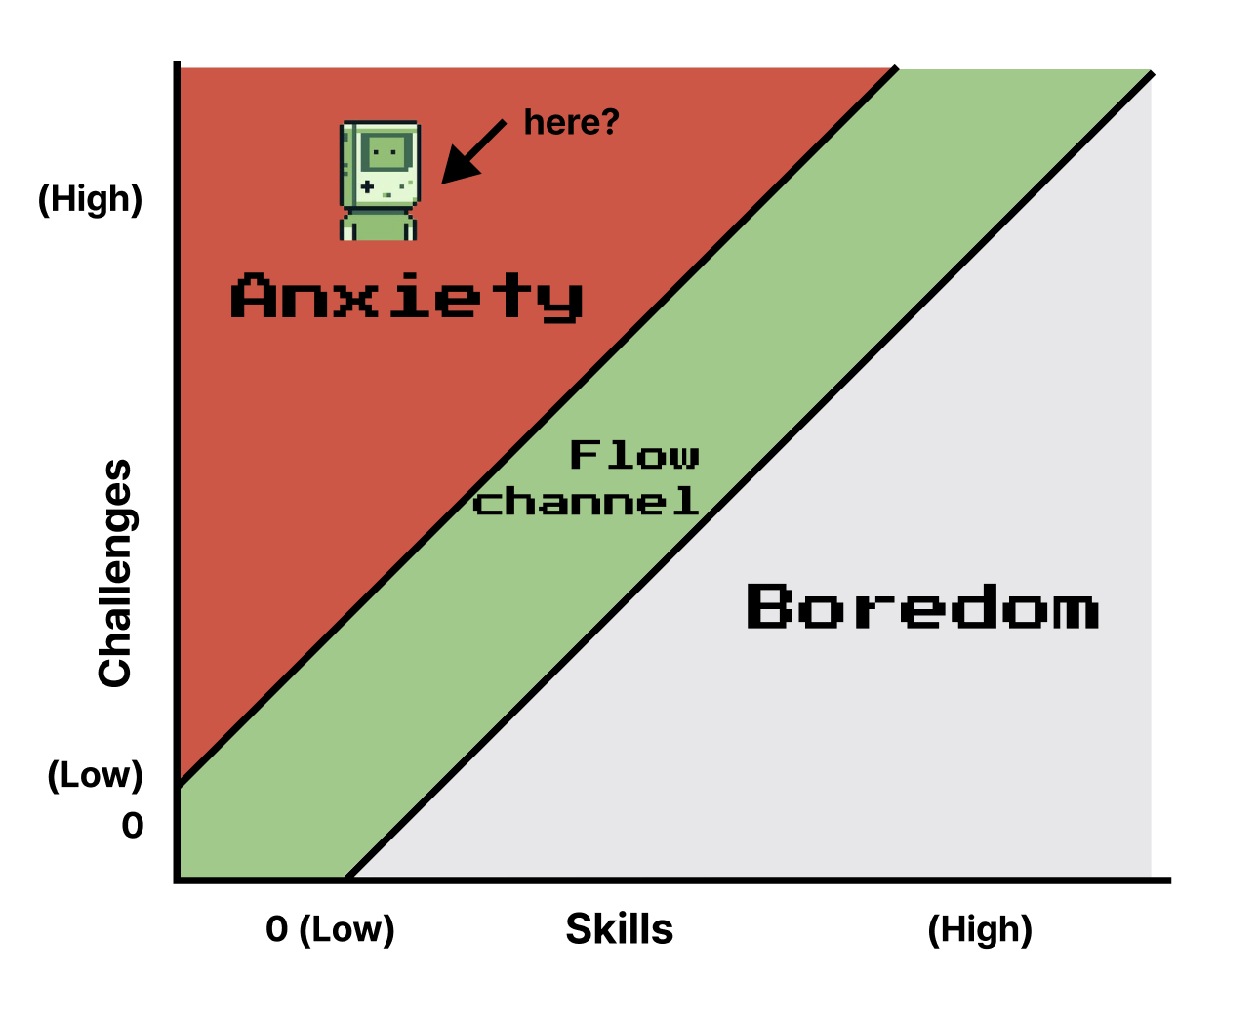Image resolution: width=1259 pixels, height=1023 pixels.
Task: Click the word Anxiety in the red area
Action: (407, 297)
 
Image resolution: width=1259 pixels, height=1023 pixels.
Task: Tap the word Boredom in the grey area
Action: (922, 606)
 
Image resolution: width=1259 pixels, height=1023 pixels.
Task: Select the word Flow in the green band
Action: (634, 455)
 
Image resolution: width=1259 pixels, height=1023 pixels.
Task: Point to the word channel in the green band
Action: (586, 501)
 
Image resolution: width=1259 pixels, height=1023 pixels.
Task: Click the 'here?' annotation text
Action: (572, 122)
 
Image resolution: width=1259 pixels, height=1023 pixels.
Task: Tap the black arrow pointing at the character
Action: (473, 152)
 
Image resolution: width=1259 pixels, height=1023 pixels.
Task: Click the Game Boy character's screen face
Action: (386, 152)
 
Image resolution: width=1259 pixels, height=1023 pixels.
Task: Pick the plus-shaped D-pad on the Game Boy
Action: (367, 187)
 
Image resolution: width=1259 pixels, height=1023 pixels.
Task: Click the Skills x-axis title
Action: (620, 929)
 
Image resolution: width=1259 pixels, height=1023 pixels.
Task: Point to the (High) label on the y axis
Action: (91, 199)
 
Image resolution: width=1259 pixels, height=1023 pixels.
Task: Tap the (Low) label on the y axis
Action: (96, 775)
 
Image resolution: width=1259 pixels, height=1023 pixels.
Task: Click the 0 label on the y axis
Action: (133, 826)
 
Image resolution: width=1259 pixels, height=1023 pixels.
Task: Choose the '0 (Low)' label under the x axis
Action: (330, 929)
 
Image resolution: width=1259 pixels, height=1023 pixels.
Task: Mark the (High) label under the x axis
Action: (980, 930)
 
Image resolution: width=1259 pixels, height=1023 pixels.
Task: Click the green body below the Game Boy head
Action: (379, 225)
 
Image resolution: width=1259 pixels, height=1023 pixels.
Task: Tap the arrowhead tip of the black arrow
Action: (442, 184)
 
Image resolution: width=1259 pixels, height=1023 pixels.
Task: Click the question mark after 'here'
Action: (611, 121)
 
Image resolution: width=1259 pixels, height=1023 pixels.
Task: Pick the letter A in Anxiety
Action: (254, 295)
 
